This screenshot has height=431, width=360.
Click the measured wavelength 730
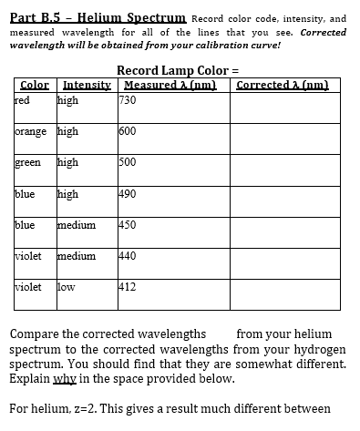(x=129, y=100)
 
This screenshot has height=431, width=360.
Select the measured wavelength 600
(x=129, y=131)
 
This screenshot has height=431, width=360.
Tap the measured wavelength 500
(x=129, y=162)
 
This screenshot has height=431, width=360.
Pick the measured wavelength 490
(x=129, y=193)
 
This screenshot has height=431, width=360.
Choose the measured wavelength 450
(x=129, y=225)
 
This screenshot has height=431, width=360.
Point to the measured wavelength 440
(x=129, y=256)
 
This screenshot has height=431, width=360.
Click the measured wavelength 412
(x=129, y=287)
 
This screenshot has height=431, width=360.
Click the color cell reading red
(x=23, y=100)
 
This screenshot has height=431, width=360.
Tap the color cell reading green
(x=29, y=162)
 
